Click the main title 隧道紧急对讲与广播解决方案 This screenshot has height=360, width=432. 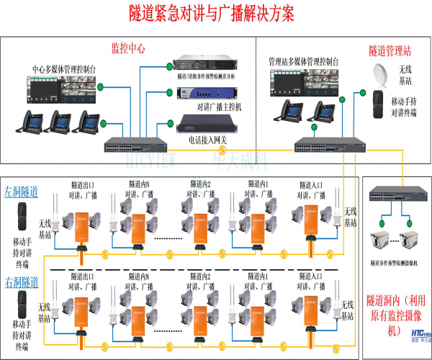coord(215,14)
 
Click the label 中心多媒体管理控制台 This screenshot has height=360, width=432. coord(63,69)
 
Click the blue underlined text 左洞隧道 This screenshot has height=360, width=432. coord(22,193)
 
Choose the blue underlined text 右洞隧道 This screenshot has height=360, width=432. coord(22,282)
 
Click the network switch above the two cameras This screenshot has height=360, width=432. coord(395,194)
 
